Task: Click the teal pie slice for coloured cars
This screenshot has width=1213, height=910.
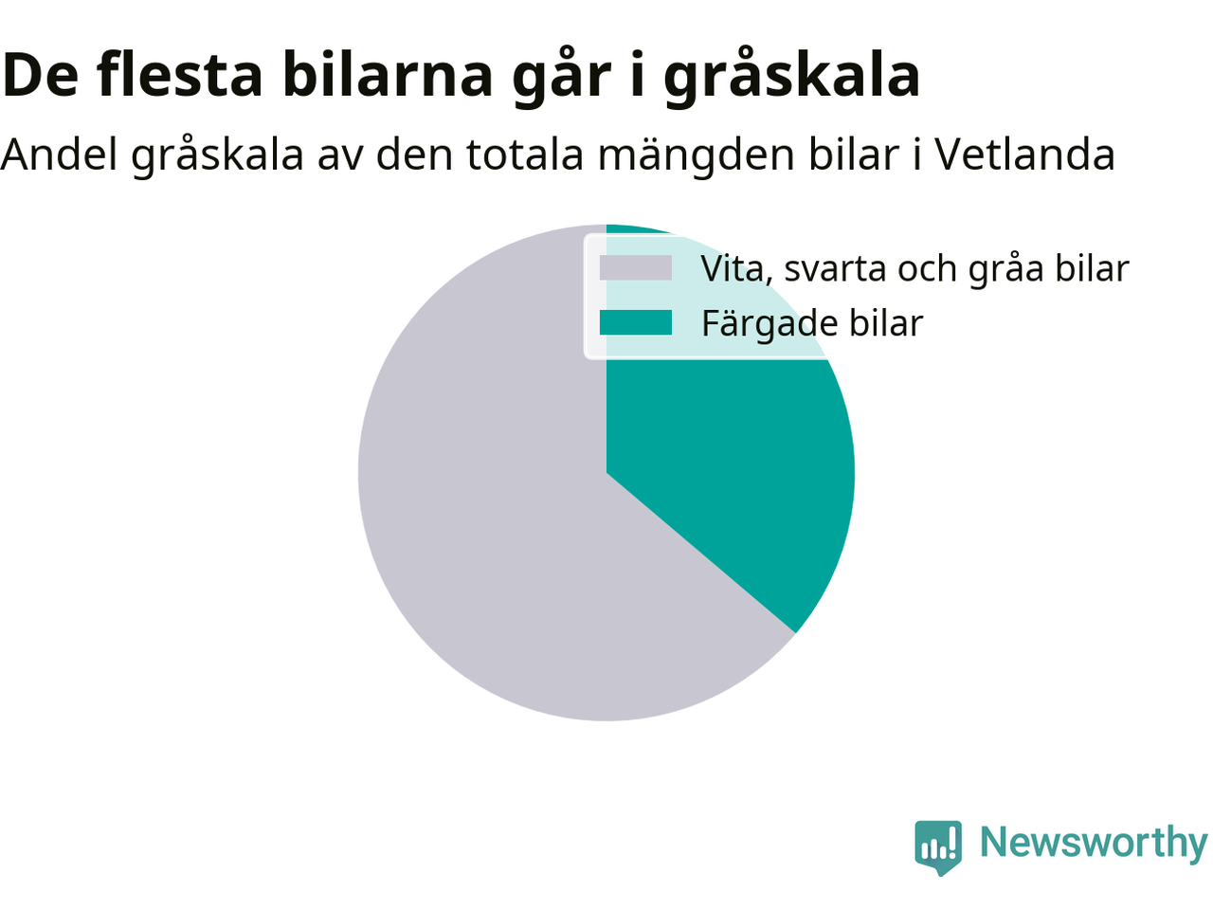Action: (x=730, y=442)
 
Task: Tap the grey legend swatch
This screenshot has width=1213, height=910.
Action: (x=636, y=268)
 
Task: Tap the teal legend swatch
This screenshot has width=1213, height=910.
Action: (x=636, y=322)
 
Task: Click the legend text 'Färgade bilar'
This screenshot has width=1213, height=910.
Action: (x=812, y=324)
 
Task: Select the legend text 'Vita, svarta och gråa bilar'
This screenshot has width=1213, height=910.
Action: (x=915, y=269)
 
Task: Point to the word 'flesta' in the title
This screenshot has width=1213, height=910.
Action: (x=179, y=74)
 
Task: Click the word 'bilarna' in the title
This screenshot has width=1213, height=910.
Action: (x=388, y=74)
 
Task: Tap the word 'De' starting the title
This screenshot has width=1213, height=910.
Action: (x=40, y=75)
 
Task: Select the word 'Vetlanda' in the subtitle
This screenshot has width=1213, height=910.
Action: (x=1025, y=155)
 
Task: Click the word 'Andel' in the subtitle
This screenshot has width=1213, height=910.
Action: (x=59, y=155)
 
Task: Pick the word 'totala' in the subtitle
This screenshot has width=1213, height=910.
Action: (x=526, y=155)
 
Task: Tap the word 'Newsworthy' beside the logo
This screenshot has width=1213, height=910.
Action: (x=1094, y=844)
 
